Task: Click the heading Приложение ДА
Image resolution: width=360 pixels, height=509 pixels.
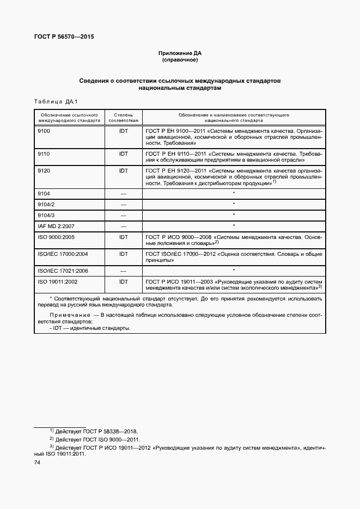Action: pos(180,53)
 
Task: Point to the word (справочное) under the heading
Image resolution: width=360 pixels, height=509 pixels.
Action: pos(180,60)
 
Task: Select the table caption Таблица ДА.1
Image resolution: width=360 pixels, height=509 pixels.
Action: pos(57,101)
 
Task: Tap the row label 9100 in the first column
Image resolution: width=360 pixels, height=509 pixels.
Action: pos(44,131)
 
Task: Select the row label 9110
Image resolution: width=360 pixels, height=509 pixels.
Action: pos(44,154)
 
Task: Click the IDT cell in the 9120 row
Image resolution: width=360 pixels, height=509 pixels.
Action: pos(124,170)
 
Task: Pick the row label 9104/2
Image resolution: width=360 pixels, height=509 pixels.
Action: pos(46,204)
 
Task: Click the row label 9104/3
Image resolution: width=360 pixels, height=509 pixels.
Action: pos(46,215)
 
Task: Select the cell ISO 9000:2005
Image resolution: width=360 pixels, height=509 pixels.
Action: pos(55,237)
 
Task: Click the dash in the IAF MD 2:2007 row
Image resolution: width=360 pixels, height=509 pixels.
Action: pos(124,226)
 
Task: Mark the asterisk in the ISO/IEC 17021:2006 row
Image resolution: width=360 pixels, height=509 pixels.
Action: pos(234,269)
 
